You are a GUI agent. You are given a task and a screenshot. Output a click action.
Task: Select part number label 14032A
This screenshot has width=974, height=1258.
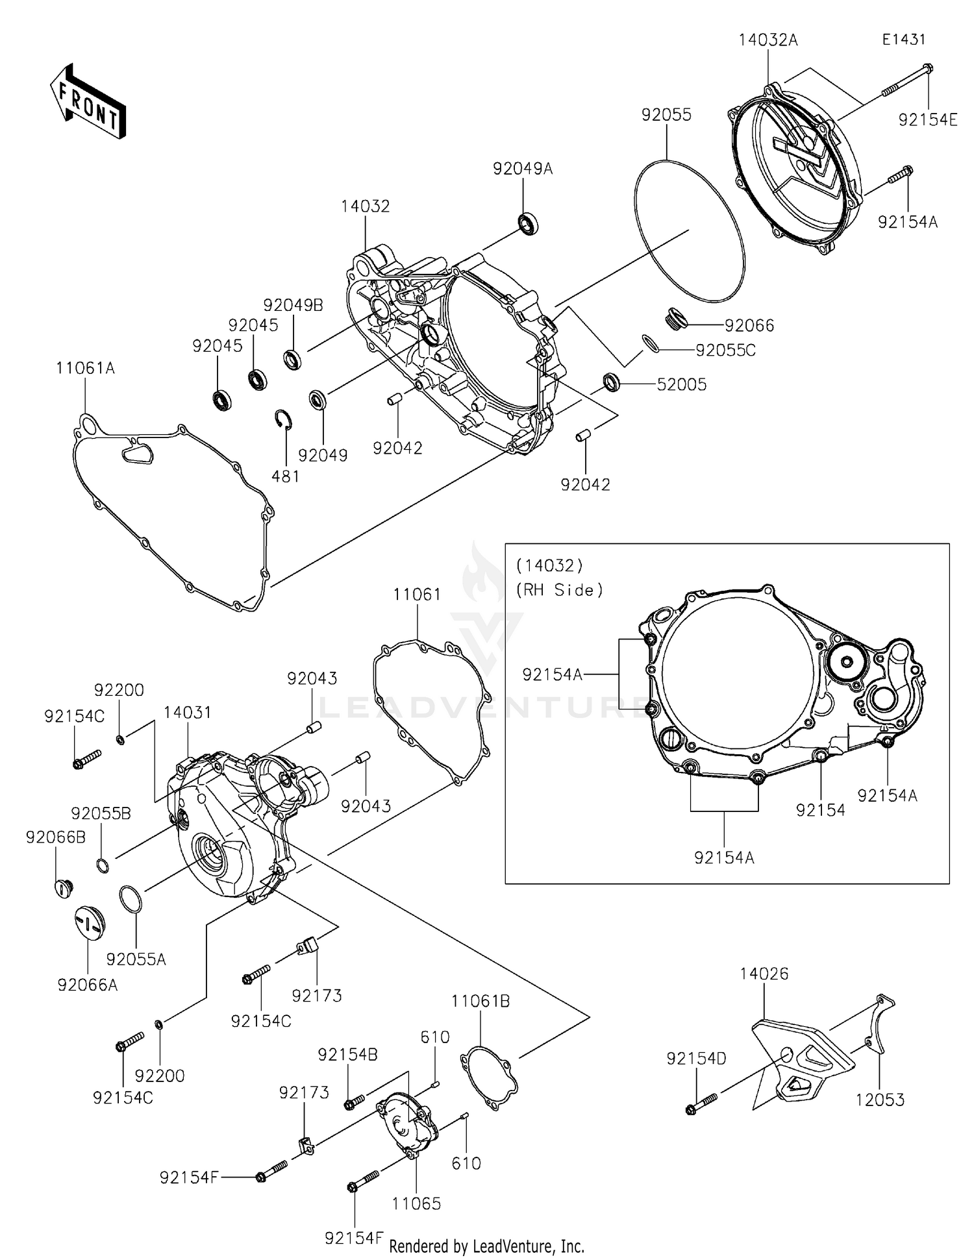tap(768, 40)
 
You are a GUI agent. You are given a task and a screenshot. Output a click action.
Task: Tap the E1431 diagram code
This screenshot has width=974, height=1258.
tap(903, 40)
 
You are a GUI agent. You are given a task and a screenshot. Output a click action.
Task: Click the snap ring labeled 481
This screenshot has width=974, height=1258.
tap(284, 420)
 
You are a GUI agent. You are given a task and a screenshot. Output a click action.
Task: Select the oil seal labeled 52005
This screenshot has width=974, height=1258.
tap(612, 383)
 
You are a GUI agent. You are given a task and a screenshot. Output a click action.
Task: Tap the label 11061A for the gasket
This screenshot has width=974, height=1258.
tap(85, 369)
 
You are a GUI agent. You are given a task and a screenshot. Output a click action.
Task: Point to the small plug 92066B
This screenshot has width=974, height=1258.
tap(62, 887)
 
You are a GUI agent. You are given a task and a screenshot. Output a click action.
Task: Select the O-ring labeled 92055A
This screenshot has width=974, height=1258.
tap(131, 900)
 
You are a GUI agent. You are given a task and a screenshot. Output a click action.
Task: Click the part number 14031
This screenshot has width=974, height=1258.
tap(187, 712)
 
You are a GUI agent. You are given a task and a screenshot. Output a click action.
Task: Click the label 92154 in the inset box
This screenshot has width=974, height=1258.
tap(820, 809)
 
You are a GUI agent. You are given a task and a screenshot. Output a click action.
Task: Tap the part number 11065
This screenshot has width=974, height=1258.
tap(416, 1203)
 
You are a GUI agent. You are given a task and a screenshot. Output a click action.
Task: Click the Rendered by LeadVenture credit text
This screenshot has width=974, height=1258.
tap(486, 1246)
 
